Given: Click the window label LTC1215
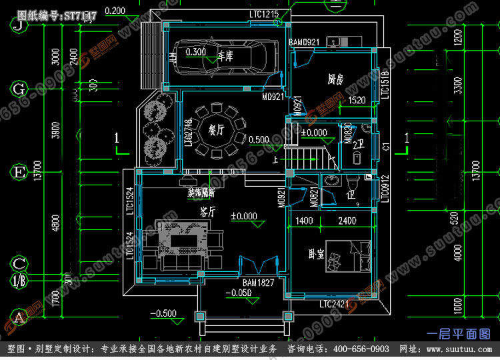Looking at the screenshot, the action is [264, 13].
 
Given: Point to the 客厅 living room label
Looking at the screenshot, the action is [207, 212].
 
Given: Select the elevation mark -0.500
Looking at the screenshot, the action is [163, 313].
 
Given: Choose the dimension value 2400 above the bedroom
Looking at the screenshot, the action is [346, 221].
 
